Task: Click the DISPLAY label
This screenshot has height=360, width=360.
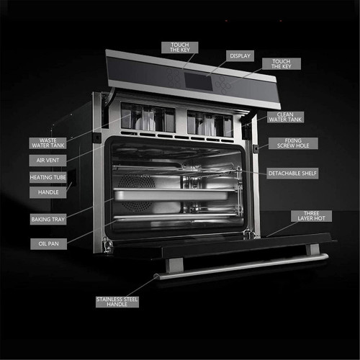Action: click(240, 56)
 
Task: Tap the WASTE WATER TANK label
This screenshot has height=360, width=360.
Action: click(48, 143)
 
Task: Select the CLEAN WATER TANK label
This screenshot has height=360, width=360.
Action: click(285, 117)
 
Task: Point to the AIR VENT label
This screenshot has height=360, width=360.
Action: click(48, 161)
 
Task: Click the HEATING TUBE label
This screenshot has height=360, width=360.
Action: click(48, 177)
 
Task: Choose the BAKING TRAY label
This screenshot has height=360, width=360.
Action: click(48, 219)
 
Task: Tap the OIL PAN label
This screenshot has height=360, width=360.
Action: click(48, 244)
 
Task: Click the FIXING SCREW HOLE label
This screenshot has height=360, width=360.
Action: click(293, 143)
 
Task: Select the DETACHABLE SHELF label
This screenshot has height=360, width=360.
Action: click(292, 174)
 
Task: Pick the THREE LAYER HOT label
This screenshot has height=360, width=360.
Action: click(311, 216)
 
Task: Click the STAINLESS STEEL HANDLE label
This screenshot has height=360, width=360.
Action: click(117, 302)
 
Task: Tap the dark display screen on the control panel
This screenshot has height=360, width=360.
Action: click(198, 81)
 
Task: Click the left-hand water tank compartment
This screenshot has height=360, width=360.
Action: click(148, 117)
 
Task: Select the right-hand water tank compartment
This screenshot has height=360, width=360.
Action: click(210, 124)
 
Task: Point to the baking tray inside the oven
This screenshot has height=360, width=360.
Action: click(171, 195)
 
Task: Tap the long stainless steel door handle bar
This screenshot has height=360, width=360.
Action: click(241, 266)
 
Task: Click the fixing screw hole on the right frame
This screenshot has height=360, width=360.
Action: click(256, 148)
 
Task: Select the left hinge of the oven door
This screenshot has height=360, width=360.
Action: click(107, 245)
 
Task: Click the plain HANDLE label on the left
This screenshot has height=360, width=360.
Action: click(48, 192)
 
